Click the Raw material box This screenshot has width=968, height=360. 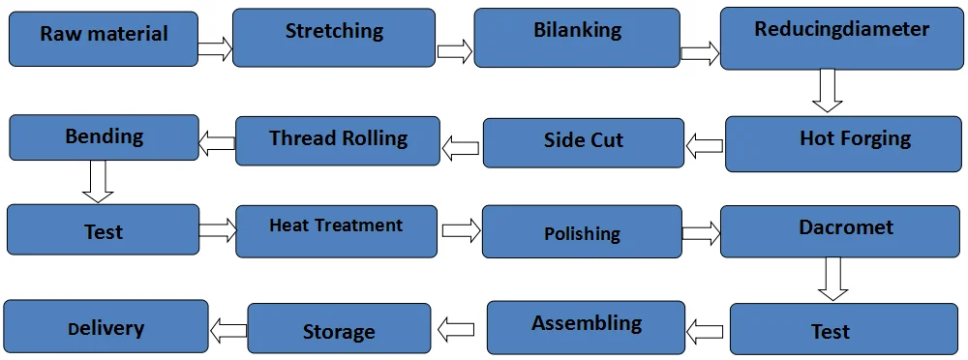pos(104,39)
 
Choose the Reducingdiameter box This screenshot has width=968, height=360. pos(841,40)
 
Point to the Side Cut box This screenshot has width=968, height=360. pos(583,142)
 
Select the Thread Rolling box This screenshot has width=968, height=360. pos(338,140)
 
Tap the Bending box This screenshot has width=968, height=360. pos(104,137)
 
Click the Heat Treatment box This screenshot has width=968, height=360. pos(336,230)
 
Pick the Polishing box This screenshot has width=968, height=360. pos(582,233)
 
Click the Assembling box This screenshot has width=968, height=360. pos(586,327)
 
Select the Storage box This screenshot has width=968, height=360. pos(339,329)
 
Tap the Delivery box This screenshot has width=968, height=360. pos(106,326)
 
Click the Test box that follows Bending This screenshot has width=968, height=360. pos(103,229)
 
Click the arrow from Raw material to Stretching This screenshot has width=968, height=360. pos(215,48)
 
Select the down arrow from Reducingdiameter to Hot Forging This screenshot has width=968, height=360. pos(827,91)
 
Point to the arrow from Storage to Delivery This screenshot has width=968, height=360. pos(228,329)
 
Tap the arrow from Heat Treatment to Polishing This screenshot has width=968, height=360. pos(461,231)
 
